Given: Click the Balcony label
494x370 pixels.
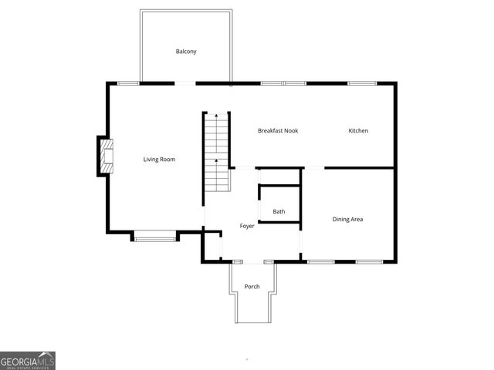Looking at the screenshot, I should pos(186,52).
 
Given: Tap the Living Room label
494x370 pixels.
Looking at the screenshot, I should pos(159,160).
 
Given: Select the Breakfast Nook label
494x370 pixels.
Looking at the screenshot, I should pos(278,131).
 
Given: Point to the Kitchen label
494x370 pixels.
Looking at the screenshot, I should pos(358,131).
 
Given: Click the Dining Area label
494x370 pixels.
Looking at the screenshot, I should pos(347,220).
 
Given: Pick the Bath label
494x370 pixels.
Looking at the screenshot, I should pos(279,212).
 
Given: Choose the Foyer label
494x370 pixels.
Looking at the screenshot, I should pos(247,226).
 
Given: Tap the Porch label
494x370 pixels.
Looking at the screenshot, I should pos(252,287).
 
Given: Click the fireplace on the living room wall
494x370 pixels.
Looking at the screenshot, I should pos(106,156).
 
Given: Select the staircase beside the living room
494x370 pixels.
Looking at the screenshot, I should pos(217,153).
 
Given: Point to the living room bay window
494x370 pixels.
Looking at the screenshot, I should pos(154,238).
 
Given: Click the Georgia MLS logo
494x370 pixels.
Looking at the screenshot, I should pos(28,361).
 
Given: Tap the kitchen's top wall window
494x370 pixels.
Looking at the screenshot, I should pos(361,83).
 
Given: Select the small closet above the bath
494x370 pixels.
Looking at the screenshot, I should pos(279,177).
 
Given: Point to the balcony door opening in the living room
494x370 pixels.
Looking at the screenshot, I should pos(185,83).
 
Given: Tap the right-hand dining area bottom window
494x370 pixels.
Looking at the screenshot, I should pos(369,262).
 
